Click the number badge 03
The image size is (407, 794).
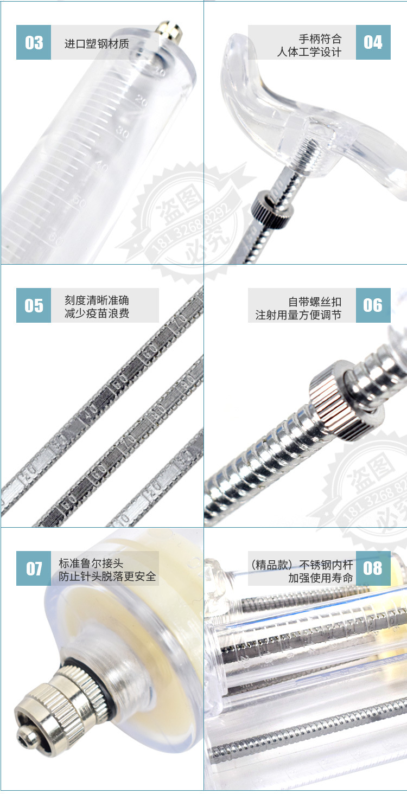[x=34, y=42]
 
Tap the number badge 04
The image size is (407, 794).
[x=373, y=42]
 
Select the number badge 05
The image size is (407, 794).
[x=34, y=305]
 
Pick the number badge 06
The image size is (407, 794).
[x=373, y=305]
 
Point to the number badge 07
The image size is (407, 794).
[x=34, y=568]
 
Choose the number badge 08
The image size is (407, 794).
[x=373, y=568]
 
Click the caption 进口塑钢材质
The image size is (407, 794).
[x=97, y=43]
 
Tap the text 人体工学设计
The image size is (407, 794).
[x=309, y=52]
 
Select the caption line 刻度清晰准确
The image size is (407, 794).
[x=97, y=300]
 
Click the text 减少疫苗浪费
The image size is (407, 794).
[x=97, y=313]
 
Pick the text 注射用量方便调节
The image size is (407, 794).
[x=298, y=315]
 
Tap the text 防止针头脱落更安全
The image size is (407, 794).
[x=107, y=577]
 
